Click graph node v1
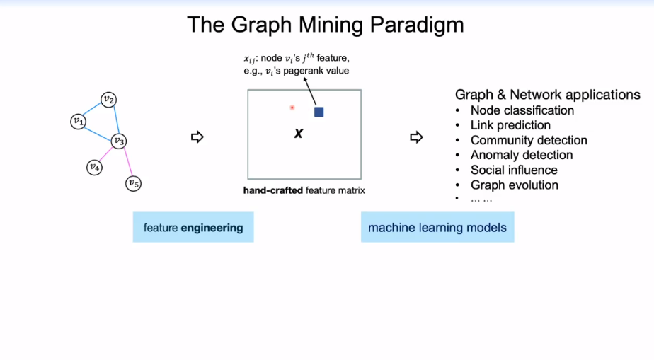[x=79, y=122]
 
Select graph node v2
[x=108, y=99]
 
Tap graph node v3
[x=120, y=142]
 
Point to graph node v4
[x=94, y=167]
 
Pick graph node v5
[x=133, y=184]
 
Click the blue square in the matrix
[x=319, y=112]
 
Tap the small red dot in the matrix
[x=292, y=108]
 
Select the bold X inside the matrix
[x=299, y=133]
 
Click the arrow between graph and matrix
[x=197, y=137]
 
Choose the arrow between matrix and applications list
[x=416, y=137]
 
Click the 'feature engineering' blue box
[x=193, y=228]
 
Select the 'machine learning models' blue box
[x=437, y=228]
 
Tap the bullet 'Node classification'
[x=522, y=110]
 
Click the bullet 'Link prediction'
[x=510, y=125]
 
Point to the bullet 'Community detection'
[x=529, y=140]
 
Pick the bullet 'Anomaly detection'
[x=522, y=155]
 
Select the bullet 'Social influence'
[x=514, y=170]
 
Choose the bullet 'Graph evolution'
[x=515, y=185]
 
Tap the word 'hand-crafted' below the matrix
[x=273, y=190]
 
